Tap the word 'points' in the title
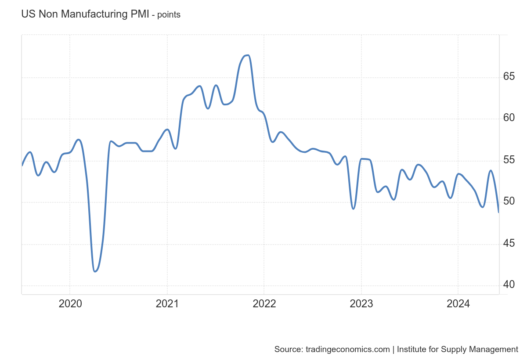click(x=169, y=15)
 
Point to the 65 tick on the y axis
click(x=509, y=76)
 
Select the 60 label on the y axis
click(x=509, y=118)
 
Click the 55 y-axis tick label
click(x=509, y=160)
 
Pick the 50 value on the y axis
click(x=509, y=201)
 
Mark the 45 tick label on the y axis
click(x=509, y=243)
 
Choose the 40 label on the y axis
click(x=509, y=284)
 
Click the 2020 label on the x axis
click(x=70, y=303)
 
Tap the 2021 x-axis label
click(x=167, y=303)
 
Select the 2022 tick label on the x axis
click(x=264, y=303)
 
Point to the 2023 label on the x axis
click(x=361, y=303)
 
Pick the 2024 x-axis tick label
click(x=458, y=303)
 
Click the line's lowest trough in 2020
click(x=95, y=271)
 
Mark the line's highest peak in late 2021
click(x=248, y=55)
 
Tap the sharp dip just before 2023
click(x=353, y=209)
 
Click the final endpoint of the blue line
click(x=498, y=212)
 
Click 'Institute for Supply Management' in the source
click(x=458, y=349)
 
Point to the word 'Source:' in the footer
click(x=288, y=349)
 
